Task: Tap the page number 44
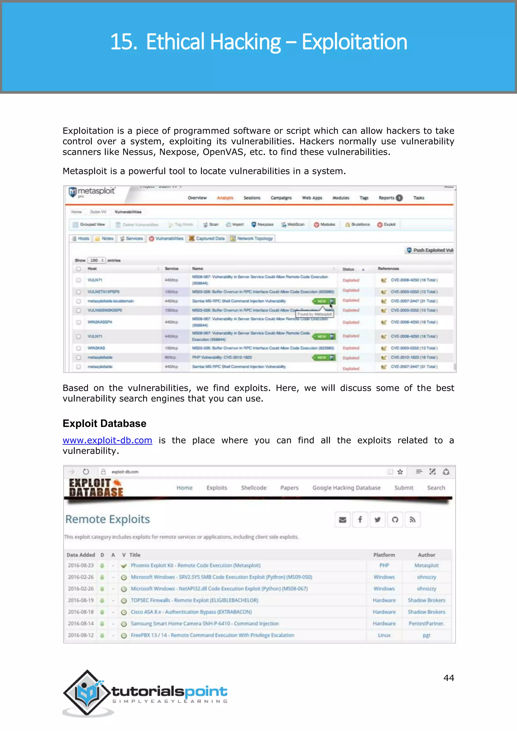click(449, 678)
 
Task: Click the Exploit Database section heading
click(105, 424)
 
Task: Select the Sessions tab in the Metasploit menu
click(252, 198)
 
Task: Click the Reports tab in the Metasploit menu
click(386, 198)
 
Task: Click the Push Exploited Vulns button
click(430, 250)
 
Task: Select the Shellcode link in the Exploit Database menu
click(253, 488)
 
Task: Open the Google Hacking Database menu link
click(346, 488)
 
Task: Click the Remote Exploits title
click(108, 519)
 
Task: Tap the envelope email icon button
click(343, 520)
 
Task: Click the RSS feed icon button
click(412, 520)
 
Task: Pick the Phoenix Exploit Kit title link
click(195, 565)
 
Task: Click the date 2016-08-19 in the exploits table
click(81, 600)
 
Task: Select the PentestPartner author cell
click(426, 623)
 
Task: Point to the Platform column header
click(384, 555)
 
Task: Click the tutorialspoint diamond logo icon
click(87, 692)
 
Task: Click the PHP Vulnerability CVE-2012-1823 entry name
click(222, 357)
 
